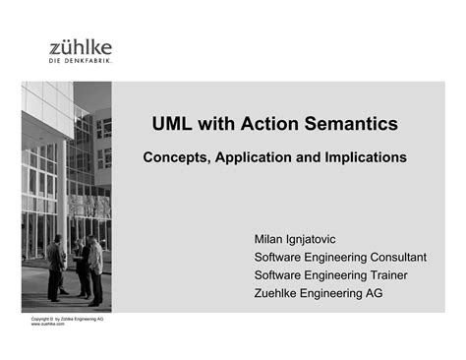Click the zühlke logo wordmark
coord(81,47)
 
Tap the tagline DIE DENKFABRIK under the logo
coord(81,61)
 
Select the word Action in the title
coord(270,124)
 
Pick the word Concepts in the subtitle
coord(178,156)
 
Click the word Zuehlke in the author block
coord(280,293)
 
